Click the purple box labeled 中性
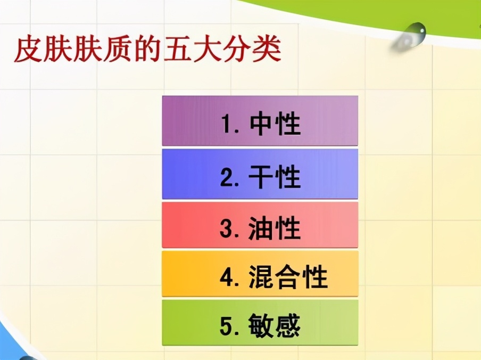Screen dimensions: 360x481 pos(260,121)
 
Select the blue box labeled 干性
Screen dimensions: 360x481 pos(260,174)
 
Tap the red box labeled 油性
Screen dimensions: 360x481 pos(260,225)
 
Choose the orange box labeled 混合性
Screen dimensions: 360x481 pos(260,274)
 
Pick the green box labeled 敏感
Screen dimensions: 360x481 pos(260,322)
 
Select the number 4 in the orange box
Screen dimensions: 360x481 pos(226,277)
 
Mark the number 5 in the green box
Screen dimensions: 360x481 pos(226,325)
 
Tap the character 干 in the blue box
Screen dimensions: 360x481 pos(261,177)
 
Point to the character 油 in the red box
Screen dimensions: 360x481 pos(261,227)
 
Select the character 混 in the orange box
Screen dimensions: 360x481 pos(261,276)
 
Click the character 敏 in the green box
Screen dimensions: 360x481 pos(260,325)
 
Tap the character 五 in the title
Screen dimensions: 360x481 pos(181,51)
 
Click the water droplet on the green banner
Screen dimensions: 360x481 pos(411,36)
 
